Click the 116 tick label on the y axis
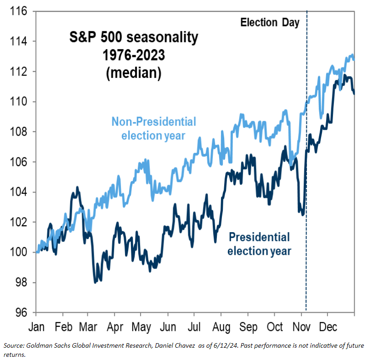coord(18,11)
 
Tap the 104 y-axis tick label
coord(18,192)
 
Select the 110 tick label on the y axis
coord(18,101)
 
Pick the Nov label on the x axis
coord(301,326)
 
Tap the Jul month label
coord(195,326)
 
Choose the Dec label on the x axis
coord(327,326)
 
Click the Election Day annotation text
coord(270,22)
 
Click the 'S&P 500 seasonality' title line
coord(133,38)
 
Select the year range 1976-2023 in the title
coord(133,56)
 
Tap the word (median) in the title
coord(133,73)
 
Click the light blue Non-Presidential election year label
coord(154,129)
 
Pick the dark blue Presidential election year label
coord(259,244)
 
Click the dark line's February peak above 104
coord(77,187)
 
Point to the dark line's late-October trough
coord(302,214)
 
